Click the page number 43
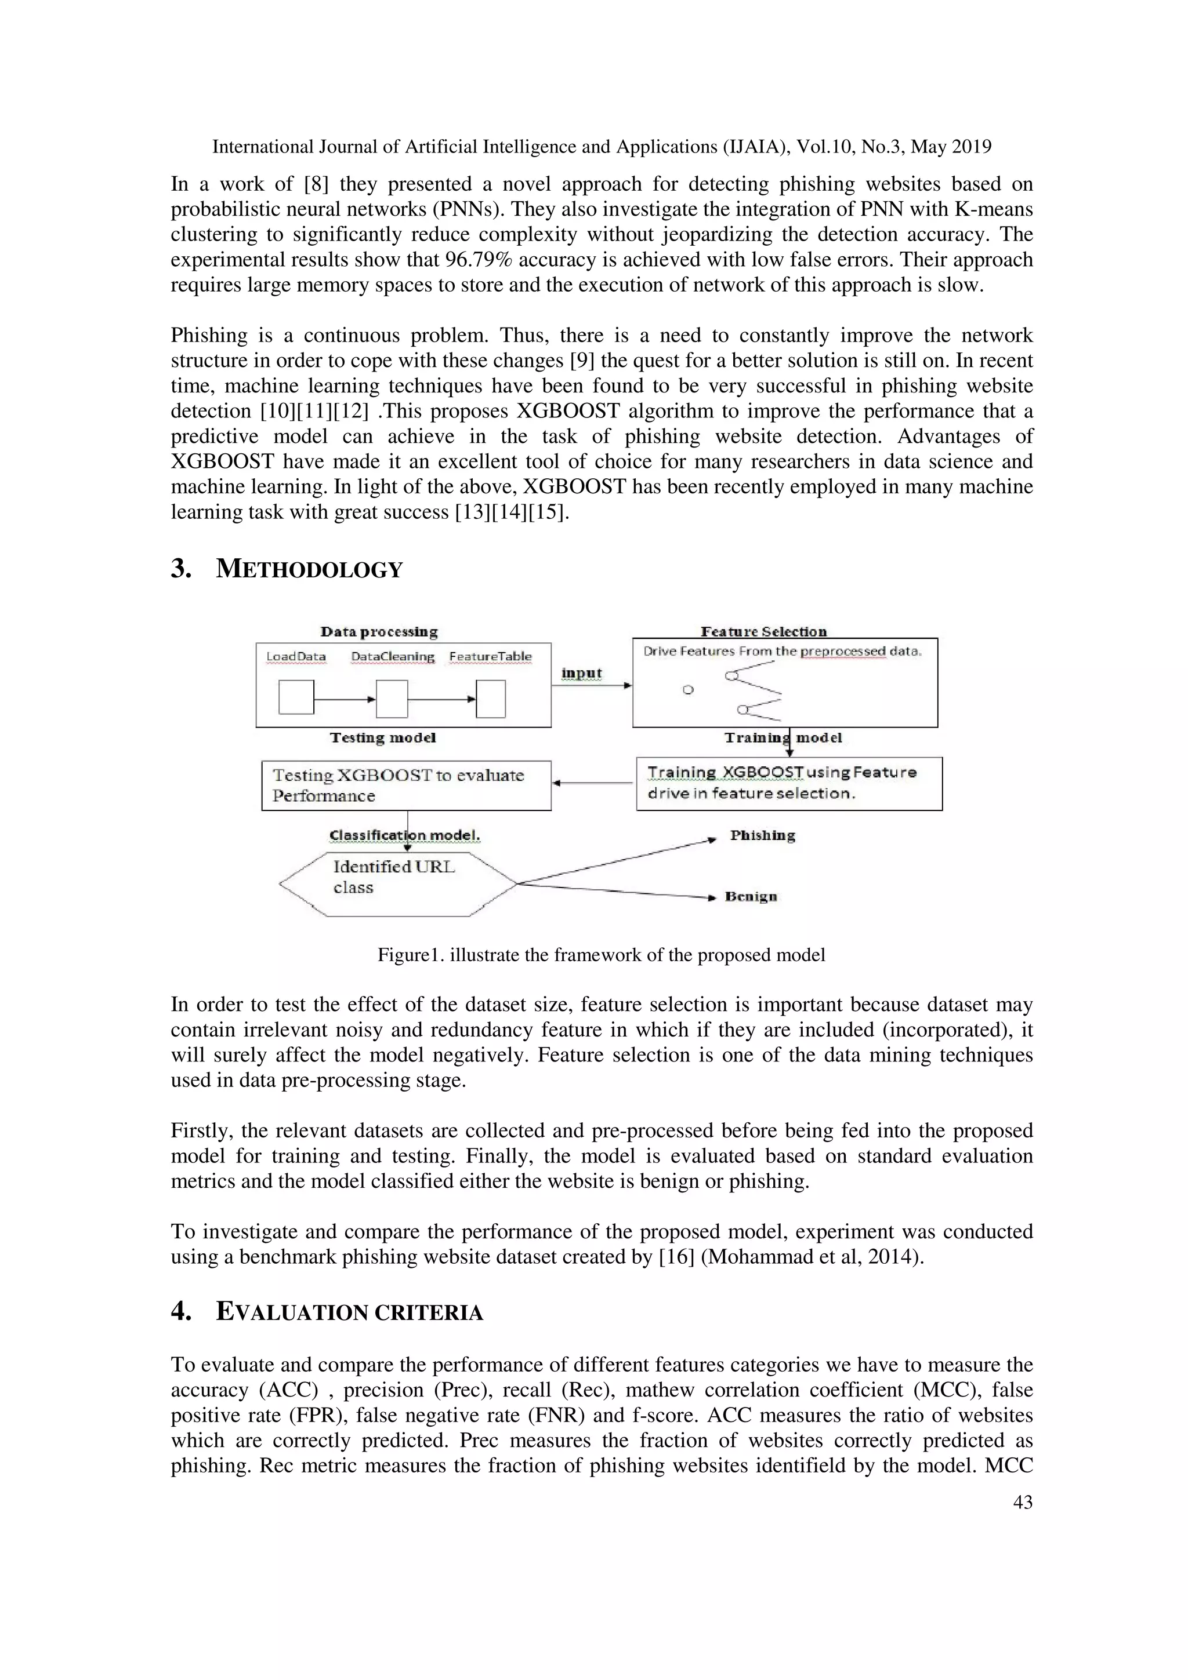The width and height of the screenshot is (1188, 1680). coord(1022,1502)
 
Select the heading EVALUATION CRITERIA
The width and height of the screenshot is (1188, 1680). coord(349,1312)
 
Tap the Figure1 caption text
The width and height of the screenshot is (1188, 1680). coord(601,955)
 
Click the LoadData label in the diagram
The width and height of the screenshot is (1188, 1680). coord(296,656)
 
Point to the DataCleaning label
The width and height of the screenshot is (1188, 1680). coord(392,656)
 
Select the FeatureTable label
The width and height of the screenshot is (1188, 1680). coord(490,656)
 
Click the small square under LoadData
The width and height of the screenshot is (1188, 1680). coord(296,697)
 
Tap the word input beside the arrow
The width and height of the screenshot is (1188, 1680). coord(581,673)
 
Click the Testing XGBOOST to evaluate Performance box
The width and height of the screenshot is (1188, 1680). coord(406,785)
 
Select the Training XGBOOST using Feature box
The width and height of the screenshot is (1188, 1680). coord(788,783)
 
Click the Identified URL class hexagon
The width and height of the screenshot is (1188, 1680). coord(397,883)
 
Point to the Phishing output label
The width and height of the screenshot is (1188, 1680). coord(762,835)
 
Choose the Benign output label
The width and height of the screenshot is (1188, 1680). coord(751,896)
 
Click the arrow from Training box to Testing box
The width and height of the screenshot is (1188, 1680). coord(593,784)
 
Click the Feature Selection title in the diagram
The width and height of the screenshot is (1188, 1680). coord(763,631)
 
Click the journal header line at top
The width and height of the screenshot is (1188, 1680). coord(601,147)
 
